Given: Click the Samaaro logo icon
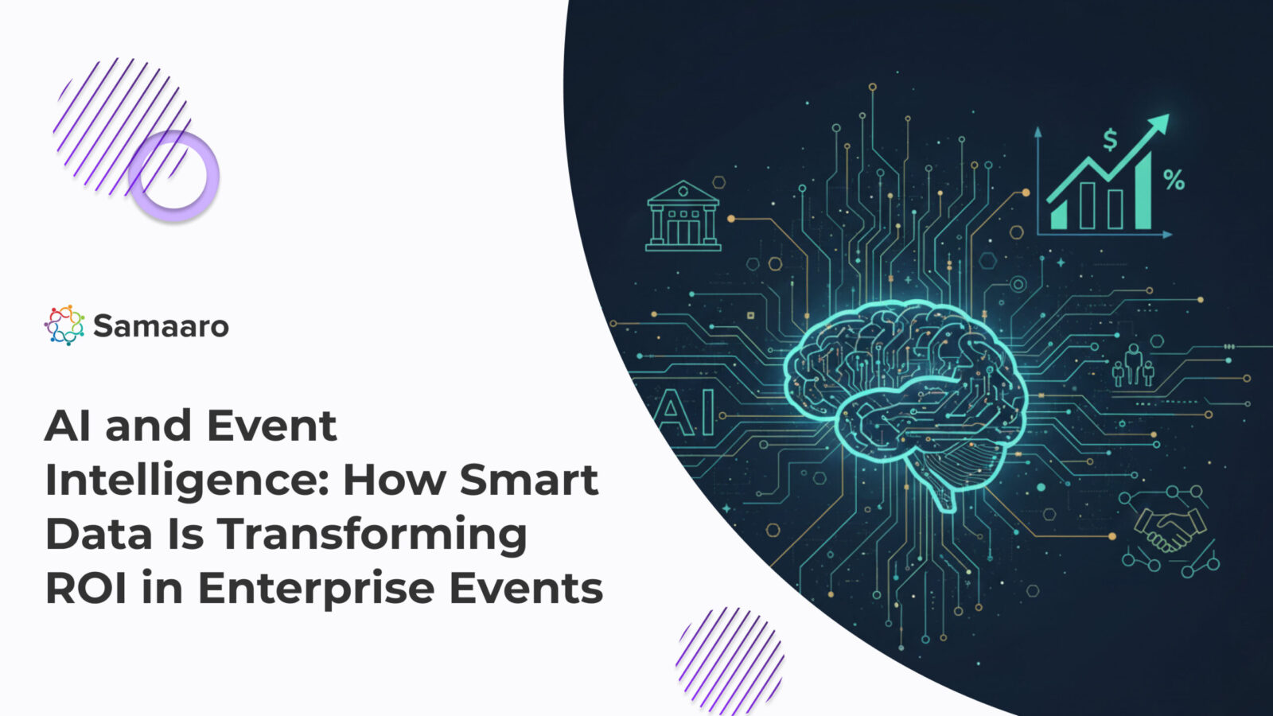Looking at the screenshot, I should click(x=64, y=325).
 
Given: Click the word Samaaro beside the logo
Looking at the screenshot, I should click(x=161, y=326).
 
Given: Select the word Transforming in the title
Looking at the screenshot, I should click(x=372, y=535).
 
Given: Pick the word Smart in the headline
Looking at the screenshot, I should click(x=529, y=481).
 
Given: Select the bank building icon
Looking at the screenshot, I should click(x=683, y=216).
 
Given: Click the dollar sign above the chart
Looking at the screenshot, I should click(x=1110, y=141).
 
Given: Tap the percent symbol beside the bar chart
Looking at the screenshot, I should click(x=1174, y=181).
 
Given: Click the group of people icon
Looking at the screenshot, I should click(x=1134, y=367).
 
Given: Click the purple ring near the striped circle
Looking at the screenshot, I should click(x=173, y=176).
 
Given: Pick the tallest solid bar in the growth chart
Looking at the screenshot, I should click(x=1143, y=192).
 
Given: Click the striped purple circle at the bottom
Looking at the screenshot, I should click(x=730, y=660).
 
